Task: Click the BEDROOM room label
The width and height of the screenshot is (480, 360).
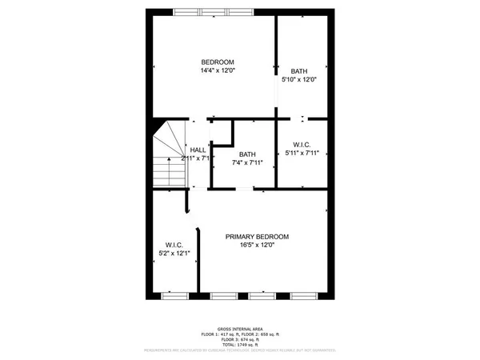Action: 217,62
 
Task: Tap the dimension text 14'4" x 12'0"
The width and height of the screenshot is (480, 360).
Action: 217,70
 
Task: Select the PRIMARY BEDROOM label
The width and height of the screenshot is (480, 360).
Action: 257,237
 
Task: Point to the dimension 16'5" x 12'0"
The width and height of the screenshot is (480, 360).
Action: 257,245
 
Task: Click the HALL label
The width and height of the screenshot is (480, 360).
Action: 198,150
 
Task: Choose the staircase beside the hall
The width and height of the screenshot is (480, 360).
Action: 169,155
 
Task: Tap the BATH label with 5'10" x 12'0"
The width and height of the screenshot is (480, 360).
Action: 300,70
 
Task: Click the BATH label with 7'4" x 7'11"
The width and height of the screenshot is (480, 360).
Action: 247,154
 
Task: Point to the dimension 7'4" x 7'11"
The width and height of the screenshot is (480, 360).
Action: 247,162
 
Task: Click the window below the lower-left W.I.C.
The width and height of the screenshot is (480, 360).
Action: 174,295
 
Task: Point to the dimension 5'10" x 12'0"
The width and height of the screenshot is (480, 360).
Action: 300,79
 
